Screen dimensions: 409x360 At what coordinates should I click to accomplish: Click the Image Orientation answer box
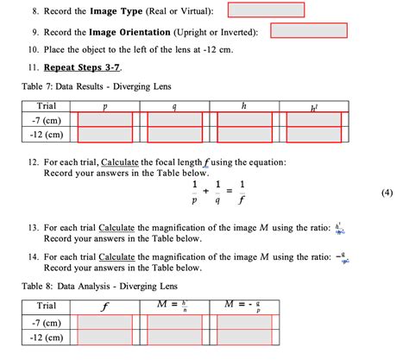pos(308,30)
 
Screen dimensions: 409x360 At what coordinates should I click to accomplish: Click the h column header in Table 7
pos(243,105)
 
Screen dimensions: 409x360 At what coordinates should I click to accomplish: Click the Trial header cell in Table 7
pos(41,105)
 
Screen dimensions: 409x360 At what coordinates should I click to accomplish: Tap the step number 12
pos(31,161)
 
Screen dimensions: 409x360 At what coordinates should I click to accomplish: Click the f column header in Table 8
pos(105,306)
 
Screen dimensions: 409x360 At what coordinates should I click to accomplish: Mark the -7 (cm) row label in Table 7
pos(41,120)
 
